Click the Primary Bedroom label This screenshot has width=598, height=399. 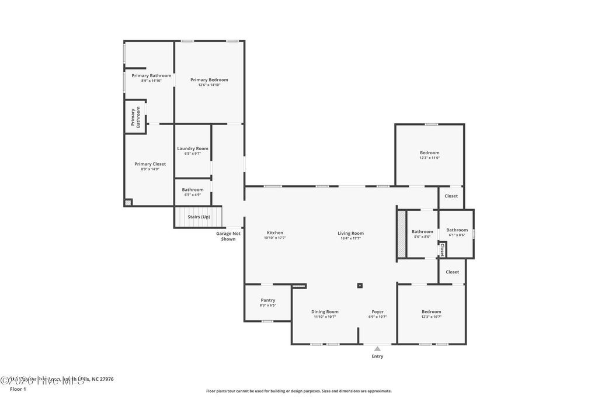pyautogui.click(x=209, y=79)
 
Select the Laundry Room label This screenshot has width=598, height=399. pyautogui.click(x=193, y=148)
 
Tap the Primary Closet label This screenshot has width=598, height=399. pyautogui.click(x=150, y=164)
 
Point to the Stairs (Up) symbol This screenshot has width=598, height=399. pyautogui.click(x=199, y=217)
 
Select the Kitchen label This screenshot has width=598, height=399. pyautogui.click(x=274, y=233)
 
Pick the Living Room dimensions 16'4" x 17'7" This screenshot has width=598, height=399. pyautogui.click(x=350, y=238)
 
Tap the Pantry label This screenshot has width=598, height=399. pyautogui.click(x=267, y=300)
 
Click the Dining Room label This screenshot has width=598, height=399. pyautogui.click(x=324, y=311)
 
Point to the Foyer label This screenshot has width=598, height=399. pyautogui.click(x=377, y=311)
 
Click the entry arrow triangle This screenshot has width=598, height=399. pyautogui.click(x=377, y=349)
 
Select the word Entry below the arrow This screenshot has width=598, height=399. pyautogui.click(x=377, y=356)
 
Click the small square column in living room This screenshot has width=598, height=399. pyautogui.click(x=360, y=286)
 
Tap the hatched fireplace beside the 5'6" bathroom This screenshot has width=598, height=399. pyautogui.click(x=401, y=234)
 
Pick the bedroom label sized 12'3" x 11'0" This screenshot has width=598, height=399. pyautogui.click(x=429, y=153)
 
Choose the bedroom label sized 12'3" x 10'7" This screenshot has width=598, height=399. pyautogui.click(x=431, y=311)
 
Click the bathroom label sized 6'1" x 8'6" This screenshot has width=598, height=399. pyautogui.click(x=457, y=230)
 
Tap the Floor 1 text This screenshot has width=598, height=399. pyautogui.click(x=18, y=388)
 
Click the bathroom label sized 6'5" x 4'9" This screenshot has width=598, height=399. pyautogui.click(x=193, y=189)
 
